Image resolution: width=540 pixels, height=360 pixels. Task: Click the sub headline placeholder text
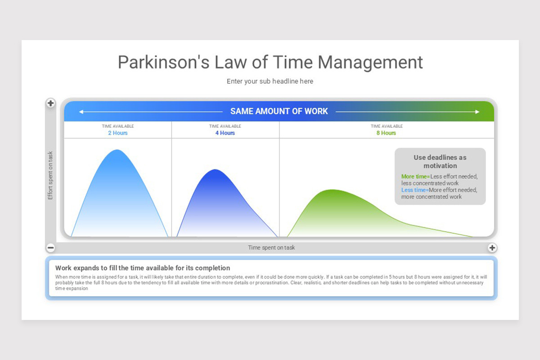point(270,81)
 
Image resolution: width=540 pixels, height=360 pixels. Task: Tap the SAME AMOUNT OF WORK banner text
point(279,111)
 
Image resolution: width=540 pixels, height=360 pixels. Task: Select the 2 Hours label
point(118,133)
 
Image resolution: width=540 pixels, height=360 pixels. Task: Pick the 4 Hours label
point(225,133)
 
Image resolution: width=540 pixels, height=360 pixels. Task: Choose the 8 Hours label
point(387,133)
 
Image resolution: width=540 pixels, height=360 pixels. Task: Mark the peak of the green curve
point(332,190)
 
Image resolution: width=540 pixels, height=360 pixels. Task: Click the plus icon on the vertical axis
point(50,103)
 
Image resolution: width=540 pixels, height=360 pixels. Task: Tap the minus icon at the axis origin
point(50,247)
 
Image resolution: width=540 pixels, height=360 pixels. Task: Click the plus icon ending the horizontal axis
point(492,247)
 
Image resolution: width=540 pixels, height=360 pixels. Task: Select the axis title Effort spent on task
point(50,175)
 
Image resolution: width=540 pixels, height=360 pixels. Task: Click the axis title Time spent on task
point(271,247)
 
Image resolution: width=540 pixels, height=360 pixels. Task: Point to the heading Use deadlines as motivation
point(440,162)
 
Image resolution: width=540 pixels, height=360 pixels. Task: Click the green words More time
point(414,177)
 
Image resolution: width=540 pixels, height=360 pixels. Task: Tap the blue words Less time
point(413,190)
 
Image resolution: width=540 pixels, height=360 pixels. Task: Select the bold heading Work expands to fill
point(143,268)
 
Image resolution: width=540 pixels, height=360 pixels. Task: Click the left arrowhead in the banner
point(81,112)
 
